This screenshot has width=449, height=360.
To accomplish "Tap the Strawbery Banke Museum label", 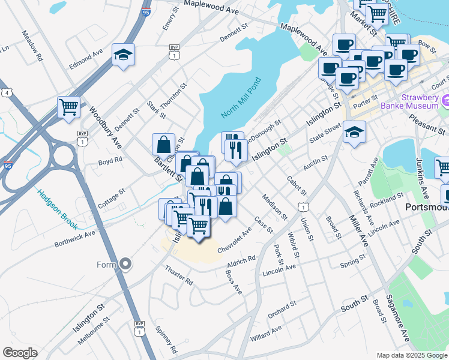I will tap(413, 101).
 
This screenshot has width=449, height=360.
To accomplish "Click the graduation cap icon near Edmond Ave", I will tap(123, 55).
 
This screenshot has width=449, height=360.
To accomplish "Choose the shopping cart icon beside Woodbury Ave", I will tap(69, 107).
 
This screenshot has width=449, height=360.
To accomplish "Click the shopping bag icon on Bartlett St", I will tap(163, 144).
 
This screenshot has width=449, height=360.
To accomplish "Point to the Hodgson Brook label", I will tap(58, 209).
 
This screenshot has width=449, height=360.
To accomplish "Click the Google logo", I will tap(20, 353).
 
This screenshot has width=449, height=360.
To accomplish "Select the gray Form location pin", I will tap(125, 263).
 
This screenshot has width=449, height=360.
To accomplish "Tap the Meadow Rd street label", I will tap(33, 46).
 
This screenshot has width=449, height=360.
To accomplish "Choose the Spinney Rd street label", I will tap(166, 339).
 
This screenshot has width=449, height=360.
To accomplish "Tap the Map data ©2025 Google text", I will tap(411, 355).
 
